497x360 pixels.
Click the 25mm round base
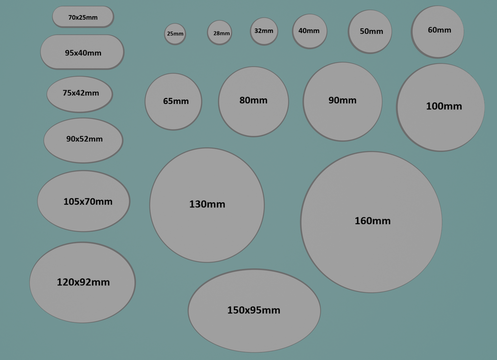pyautogui.click(x=175, y=33)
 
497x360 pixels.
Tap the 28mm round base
pyautogui.click(x=220, y=33)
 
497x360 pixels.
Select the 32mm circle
pyautogui.click(x=264, y=31)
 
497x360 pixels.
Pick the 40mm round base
pyautogui.click(x=310, y=31)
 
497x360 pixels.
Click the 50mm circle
pyautogui.click(x=370, y=32)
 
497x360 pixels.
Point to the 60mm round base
pyautogui.click(x=437, y=32)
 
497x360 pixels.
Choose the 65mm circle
pyautogui.click(x=173, y=101)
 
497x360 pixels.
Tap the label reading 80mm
pyautogui.click(x=253, y=100)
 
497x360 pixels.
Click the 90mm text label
pyautogui.click(x=342, y=100)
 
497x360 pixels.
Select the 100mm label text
pyautogui.click(x=444, y=106)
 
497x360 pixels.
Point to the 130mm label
pyautogui.click(x=207, y=204)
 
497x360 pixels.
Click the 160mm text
pyautogui.click(x=372, y=221)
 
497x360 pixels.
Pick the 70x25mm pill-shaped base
pyautogui.click(x=83, y=17)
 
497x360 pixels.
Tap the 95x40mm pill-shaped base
pyautogui.click(x=83, y=52)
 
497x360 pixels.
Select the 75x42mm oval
pyautogui.click(x=80, y=94)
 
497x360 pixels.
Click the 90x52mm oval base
pyautogui.click(x=83, y=140)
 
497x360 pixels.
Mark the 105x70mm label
pyautogui.click(x=88, y=201)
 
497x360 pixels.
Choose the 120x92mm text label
pyautogui.click(x=83, y=282)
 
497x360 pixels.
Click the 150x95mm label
pyautogui.click(x=253, y=310)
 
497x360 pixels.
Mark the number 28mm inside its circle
pyautogui.click(x=221, y=33)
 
